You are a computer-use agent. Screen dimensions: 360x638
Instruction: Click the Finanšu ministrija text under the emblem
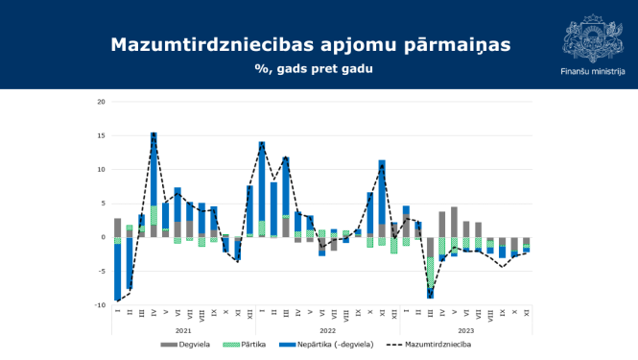(x=591, y=71)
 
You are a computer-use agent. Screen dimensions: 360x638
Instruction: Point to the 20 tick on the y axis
(x=101, y=102)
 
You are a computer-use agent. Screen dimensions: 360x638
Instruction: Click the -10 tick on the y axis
(x=100, y=305)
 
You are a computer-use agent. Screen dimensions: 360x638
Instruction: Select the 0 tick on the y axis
(x=103, y=237)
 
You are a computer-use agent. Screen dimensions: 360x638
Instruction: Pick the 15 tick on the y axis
(x=101, y=135)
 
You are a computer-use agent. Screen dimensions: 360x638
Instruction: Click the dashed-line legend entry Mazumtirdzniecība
(x=433, y=342)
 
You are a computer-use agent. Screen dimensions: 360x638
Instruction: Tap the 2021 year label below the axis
(x=183, y=330)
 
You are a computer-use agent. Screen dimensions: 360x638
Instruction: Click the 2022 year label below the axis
(x=327, y=330)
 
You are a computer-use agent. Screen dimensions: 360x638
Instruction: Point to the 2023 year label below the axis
(x=465, y=330)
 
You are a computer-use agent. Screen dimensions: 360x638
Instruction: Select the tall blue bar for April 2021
(x=154, y=168)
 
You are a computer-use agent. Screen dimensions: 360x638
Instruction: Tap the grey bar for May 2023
(x=454, y=222)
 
